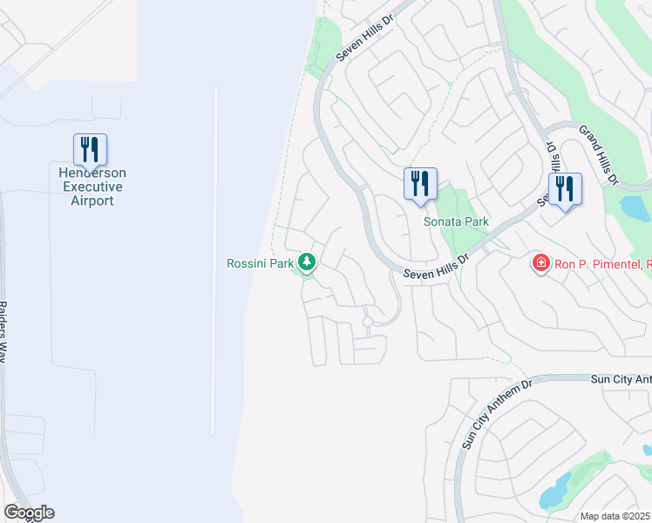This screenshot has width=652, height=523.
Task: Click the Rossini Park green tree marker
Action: (307, 261)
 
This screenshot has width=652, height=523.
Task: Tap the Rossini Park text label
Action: (260, 262)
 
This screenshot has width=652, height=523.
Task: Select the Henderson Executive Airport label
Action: (91, 187)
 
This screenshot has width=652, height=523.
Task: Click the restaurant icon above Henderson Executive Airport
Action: (90, 150)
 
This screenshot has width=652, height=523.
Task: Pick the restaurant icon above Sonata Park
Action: (420, 184)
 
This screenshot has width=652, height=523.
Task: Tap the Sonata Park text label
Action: (456, 221)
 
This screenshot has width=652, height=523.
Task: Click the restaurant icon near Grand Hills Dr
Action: (565, 189)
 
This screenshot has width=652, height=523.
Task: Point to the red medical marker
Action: (540, 262)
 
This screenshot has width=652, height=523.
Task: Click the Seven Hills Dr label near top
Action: (366, 36)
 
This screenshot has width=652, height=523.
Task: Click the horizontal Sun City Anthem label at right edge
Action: (621, 379)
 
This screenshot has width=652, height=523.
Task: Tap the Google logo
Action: (29, 513)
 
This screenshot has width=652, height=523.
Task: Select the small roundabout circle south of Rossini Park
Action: (368, 322)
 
